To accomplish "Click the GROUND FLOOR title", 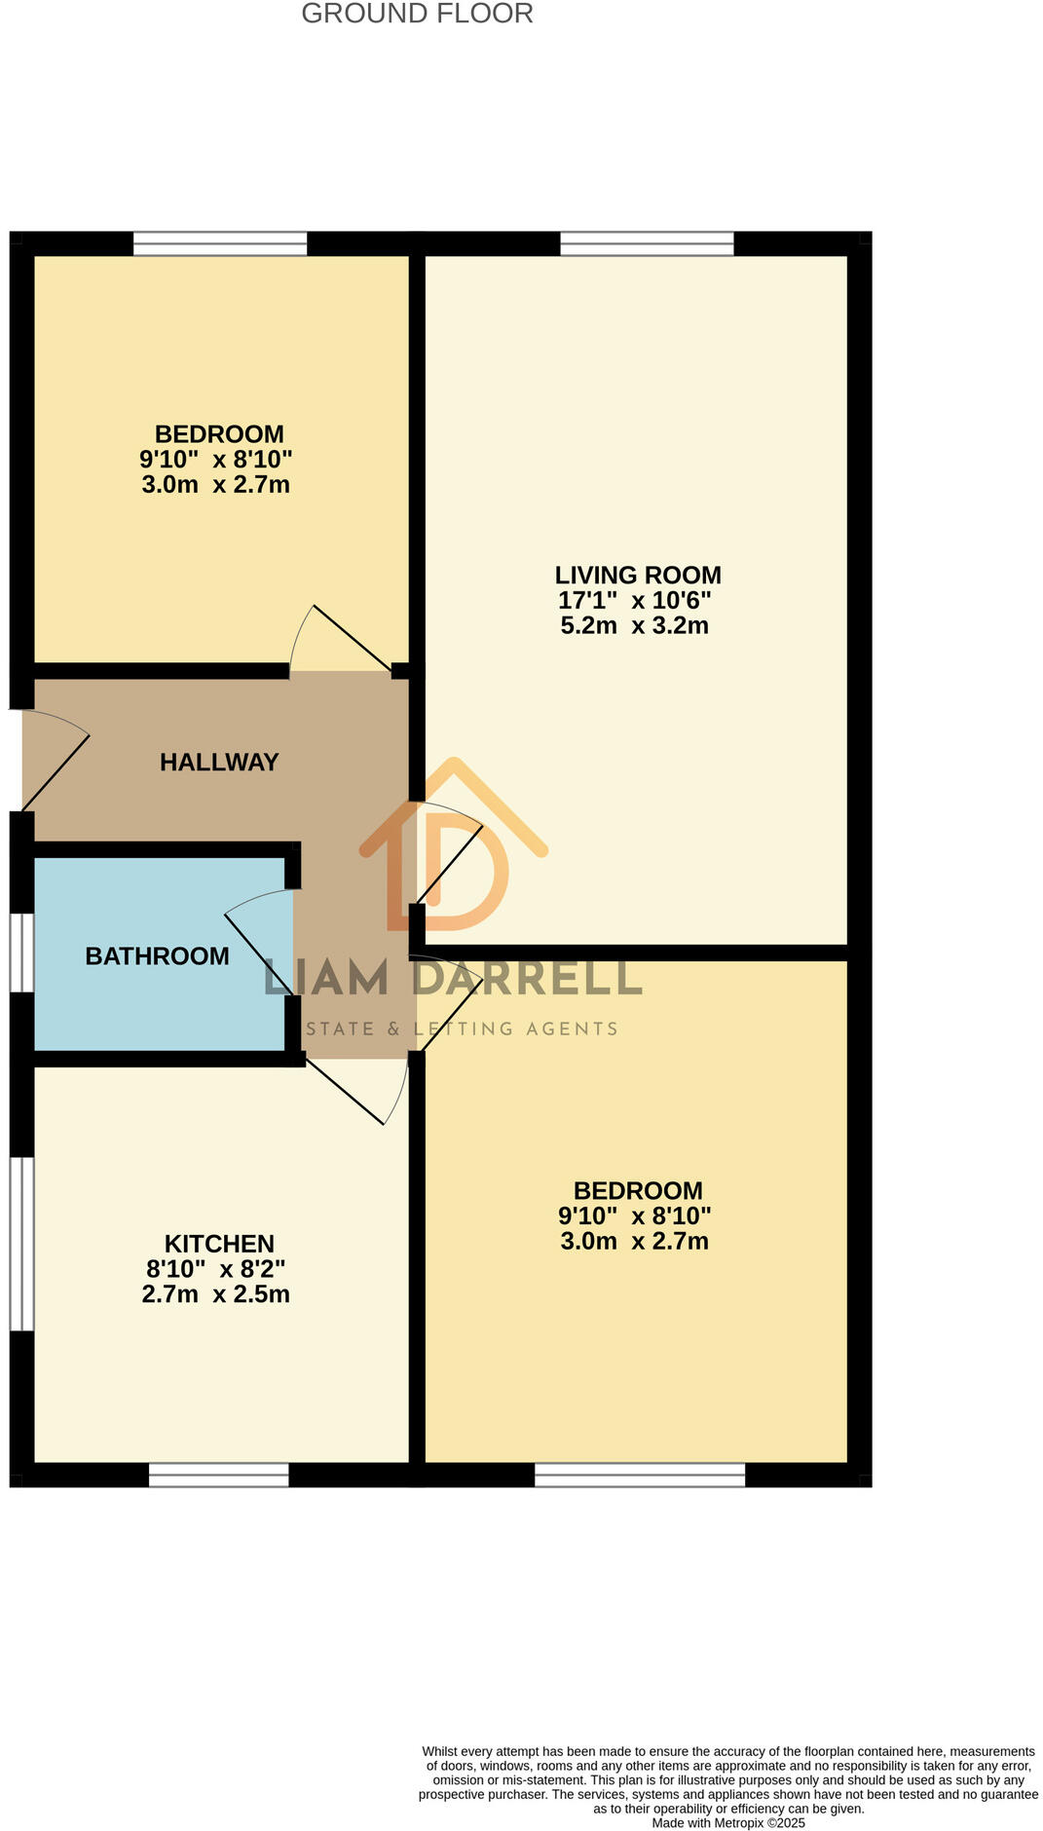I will [417, 14].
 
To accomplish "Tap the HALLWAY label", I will [219, 762].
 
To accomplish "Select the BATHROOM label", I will [157, 955].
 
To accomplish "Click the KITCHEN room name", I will [219, 1243].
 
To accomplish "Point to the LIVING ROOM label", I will [638, 575].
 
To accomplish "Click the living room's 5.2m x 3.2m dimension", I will [634, 625].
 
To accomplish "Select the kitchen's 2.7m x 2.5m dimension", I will [215, 1293].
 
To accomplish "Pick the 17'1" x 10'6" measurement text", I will [634, 600].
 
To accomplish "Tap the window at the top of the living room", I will [647, 243].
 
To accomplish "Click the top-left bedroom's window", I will [219, 243].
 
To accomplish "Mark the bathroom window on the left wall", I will [22, 953].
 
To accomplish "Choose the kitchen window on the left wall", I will [22, 1243].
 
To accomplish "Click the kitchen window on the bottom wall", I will [218, 1475].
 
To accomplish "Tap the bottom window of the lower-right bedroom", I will [640, 1475].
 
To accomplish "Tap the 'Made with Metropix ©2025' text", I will [728, 1822].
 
